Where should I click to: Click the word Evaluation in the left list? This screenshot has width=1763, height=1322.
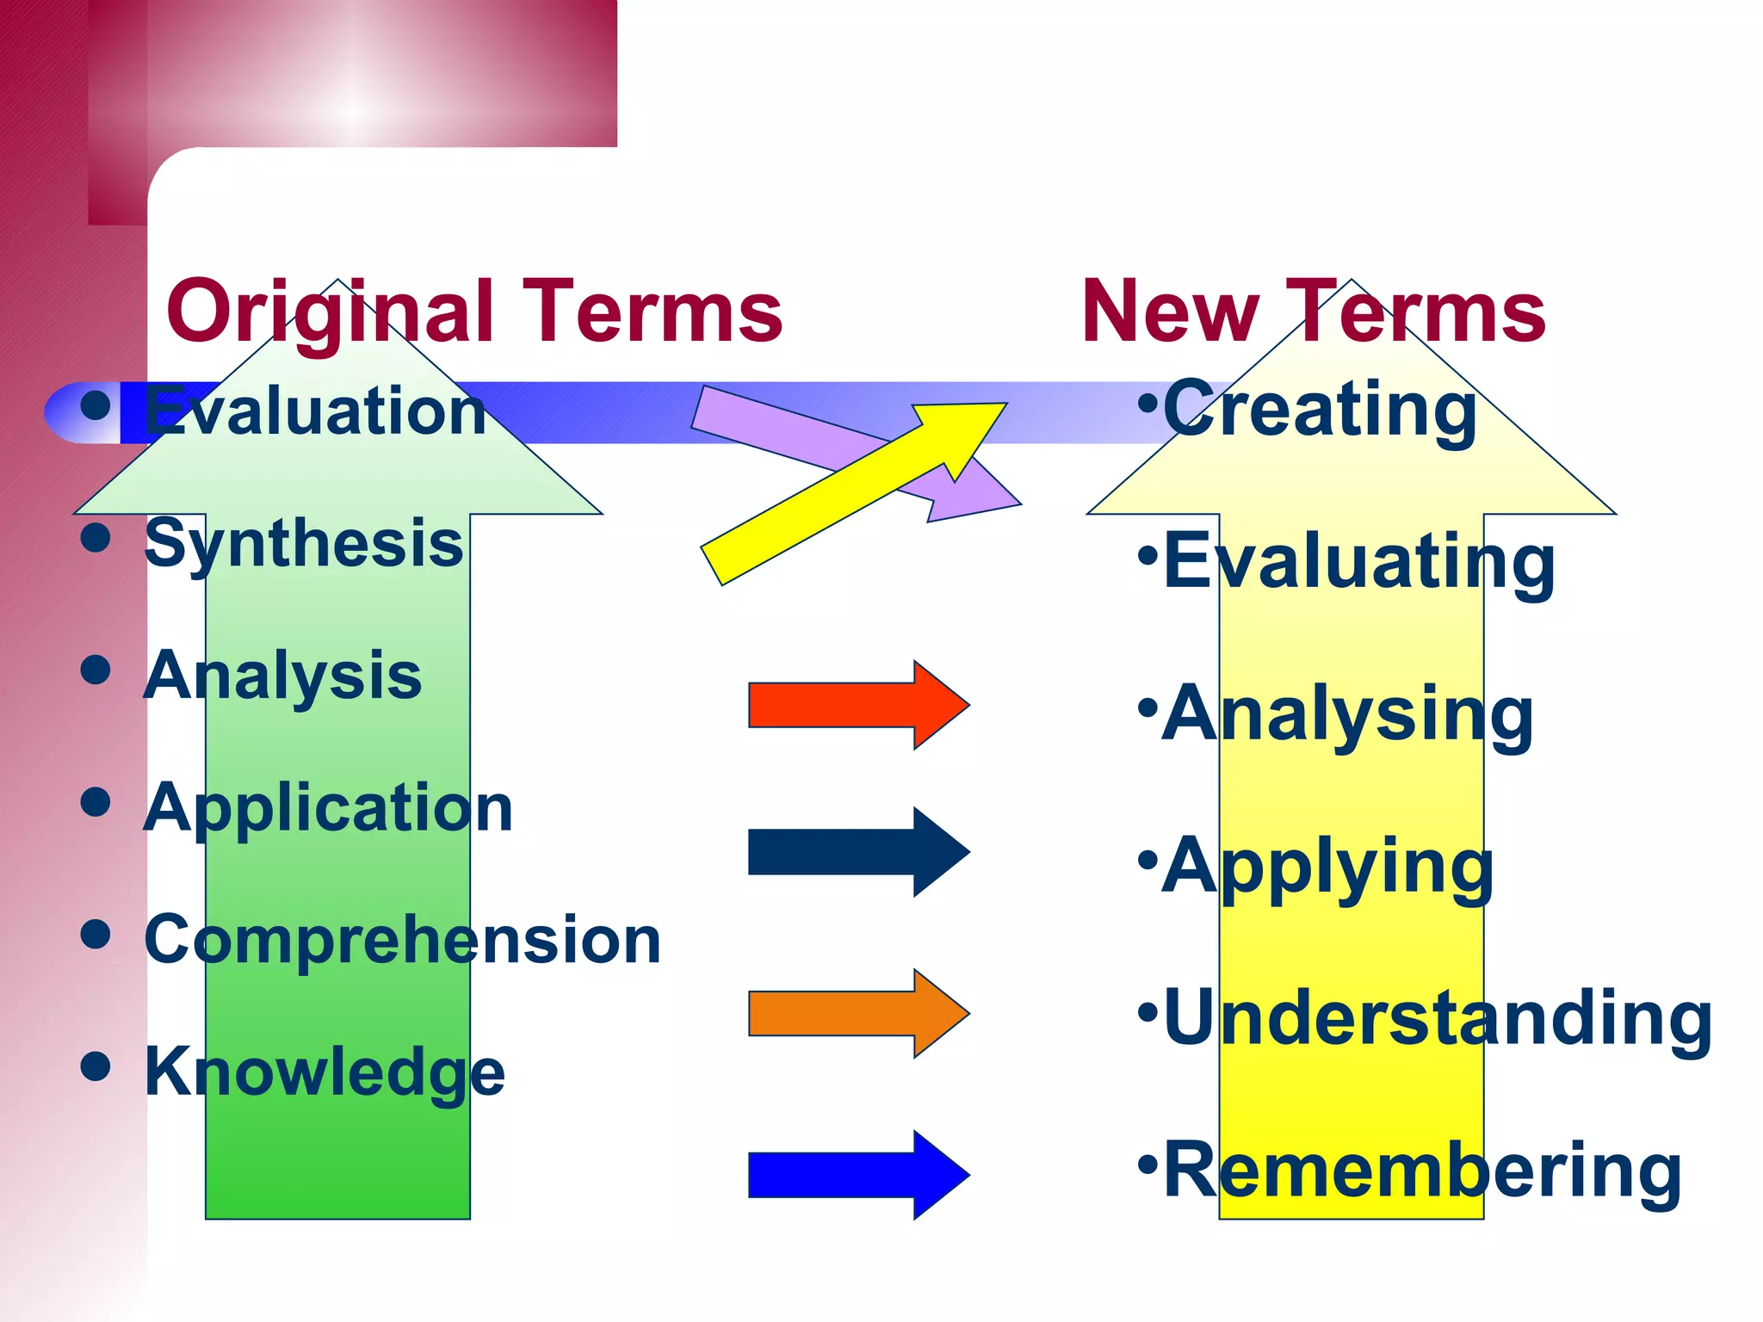click(x=315, y=411)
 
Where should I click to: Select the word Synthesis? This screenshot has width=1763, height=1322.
click(x=304, y=544)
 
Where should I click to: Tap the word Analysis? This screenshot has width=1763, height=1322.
click(x=283, y=676)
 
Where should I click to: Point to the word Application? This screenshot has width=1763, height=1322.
click(x=329, y=808)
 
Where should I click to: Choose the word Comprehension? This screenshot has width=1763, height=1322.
click(x=403, y=940)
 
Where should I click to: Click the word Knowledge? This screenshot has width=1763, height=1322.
click(x=325, y=1072)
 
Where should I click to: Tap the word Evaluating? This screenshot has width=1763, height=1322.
click(x=1359, y=562)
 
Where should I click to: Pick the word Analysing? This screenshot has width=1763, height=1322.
click(x=1348, y=714)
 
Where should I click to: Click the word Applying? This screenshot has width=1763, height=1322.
click(x=1328, y=867)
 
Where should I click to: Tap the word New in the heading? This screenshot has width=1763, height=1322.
click(x=1170, y=312)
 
